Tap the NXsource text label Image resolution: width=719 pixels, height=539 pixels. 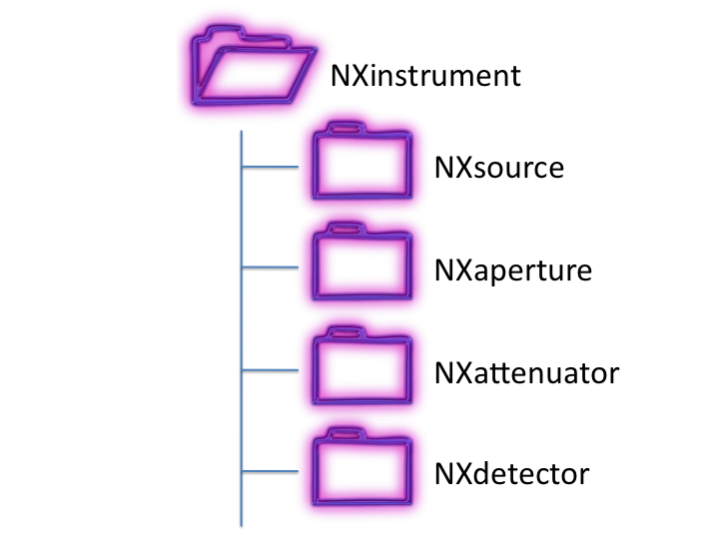coord(498,166)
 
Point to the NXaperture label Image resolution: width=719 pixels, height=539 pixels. coord(513,269)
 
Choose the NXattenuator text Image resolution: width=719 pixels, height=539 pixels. coord(527,373)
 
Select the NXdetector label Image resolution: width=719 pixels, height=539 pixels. coord(512,473)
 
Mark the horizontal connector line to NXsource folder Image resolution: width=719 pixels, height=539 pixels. coord(270,165)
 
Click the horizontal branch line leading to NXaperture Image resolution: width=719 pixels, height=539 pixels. coord(270,268)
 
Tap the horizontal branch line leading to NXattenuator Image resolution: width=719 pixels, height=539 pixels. coord(270,370)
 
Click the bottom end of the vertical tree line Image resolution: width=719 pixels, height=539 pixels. coord(241,523)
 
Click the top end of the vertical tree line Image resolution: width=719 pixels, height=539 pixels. coord(241,132)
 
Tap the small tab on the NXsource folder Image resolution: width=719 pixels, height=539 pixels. coord(344,128)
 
